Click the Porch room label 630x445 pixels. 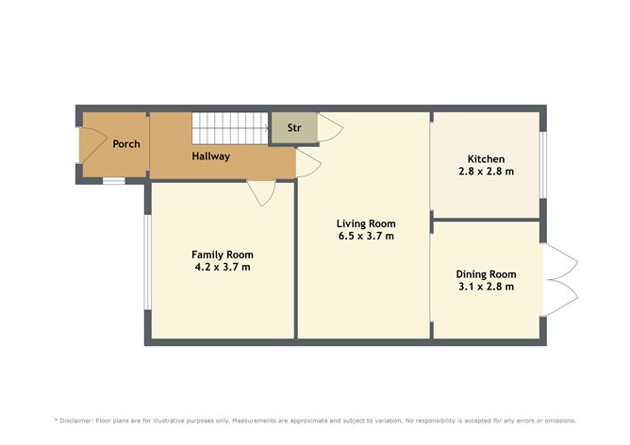126,144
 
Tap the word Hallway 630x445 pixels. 211,157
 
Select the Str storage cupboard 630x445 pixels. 294,127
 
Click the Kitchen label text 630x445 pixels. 486,158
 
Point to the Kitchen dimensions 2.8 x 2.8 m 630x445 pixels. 486,172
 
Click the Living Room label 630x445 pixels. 366,223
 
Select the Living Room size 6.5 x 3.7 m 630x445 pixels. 366,236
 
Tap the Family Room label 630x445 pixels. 223,255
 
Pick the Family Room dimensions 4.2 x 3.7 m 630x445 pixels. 223,267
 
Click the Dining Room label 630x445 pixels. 486,274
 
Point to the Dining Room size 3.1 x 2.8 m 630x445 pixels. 486,287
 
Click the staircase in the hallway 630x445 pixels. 230,128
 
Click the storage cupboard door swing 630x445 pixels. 330,127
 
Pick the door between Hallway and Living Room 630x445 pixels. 308,163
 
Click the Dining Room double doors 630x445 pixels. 560,280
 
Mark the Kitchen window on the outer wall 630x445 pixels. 543,165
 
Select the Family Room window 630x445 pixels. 147,262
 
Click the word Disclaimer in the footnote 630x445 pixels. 76,420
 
